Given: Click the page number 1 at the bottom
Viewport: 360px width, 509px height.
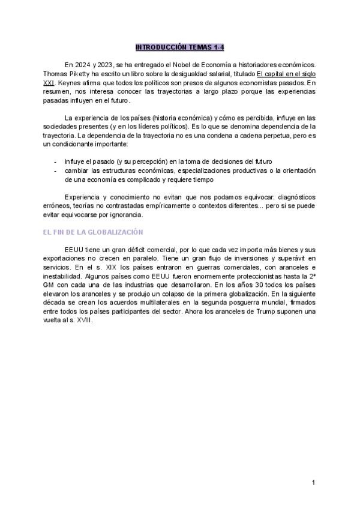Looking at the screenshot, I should tap(314, 483).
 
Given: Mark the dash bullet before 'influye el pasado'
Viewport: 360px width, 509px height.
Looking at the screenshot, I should tap(55, 162).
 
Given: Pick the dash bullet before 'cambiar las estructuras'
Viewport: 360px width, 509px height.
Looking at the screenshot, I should tap(55, 170).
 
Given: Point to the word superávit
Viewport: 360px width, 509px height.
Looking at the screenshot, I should tap(281, 258).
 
